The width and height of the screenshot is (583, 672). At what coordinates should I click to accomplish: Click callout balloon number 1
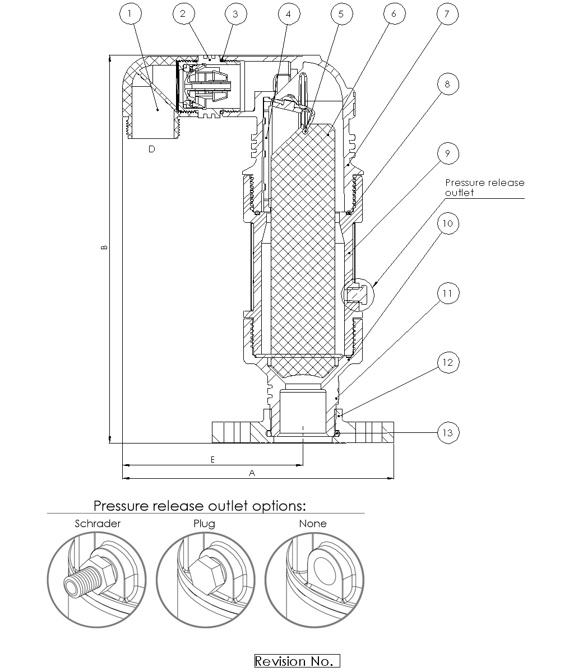(x=130, y=14)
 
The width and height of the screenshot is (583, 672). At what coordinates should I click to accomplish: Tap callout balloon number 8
(x=447, y=84)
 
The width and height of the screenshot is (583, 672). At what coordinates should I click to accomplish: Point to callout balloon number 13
(x=447, y=432)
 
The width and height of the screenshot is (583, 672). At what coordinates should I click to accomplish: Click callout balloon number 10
(x=447, y=223)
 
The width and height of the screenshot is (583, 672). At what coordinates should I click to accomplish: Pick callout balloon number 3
(x=235, y=14)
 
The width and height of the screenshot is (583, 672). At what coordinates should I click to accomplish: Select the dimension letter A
(x=252, y=473)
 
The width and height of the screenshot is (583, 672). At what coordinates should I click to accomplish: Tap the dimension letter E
(x=212, y=459)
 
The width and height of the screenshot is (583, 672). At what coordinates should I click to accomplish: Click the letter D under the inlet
(x=151, y=149)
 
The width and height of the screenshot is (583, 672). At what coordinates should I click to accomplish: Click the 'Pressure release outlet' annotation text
(x=484, y=188)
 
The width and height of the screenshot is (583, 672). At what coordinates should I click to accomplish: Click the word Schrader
(x=98, y=524)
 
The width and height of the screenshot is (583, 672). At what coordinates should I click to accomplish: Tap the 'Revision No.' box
(x=297, y=661)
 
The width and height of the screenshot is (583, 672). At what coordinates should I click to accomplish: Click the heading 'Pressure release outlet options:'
(x=200, y=506)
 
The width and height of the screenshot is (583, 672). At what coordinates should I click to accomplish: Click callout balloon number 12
(x=447, y=362)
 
